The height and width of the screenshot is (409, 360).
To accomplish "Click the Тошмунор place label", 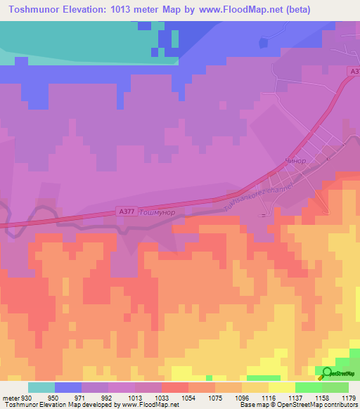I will click(155, 212).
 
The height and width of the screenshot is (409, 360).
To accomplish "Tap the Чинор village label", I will click(297, 161).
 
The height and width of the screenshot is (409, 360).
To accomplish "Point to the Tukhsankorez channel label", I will click(247, 194).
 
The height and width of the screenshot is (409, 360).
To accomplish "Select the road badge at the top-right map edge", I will click(354, 71).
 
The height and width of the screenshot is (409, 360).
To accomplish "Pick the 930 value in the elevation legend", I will click(18, 398).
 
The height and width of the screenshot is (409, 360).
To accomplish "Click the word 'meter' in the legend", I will click(6, 398).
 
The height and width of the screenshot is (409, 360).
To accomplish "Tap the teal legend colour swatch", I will click(41, 387).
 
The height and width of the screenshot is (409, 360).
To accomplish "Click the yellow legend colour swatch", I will click(281, 387).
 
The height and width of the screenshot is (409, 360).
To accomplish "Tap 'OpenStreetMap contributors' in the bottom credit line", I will click(316, 405).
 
